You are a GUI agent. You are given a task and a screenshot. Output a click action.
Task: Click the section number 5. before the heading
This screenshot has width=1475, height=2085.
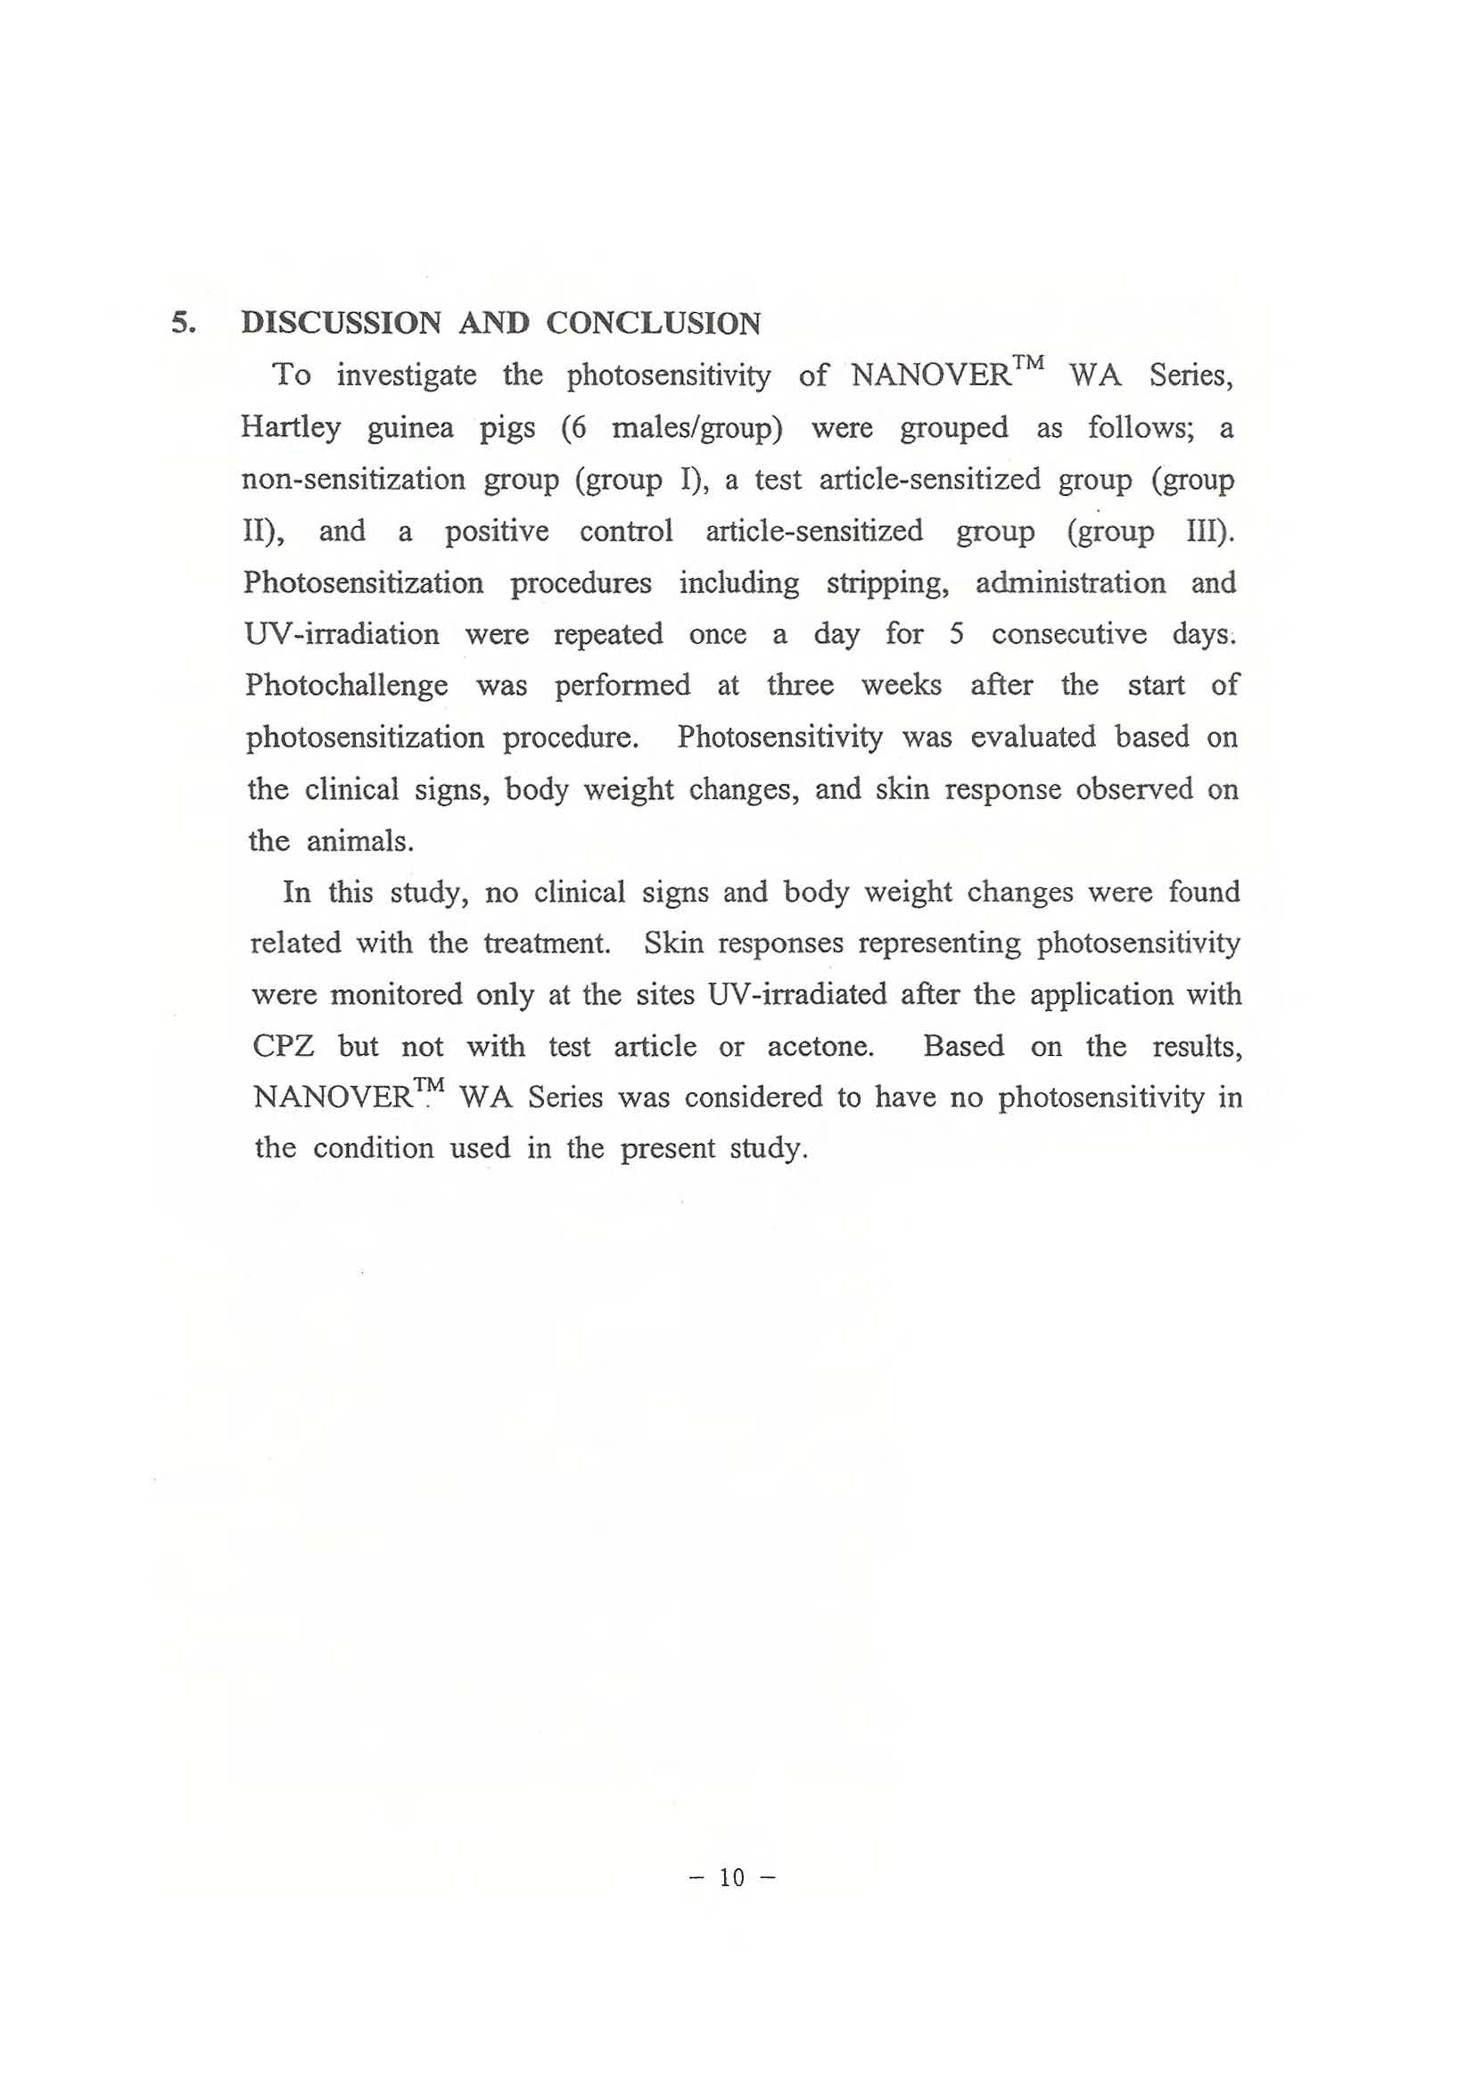tap(184, 324)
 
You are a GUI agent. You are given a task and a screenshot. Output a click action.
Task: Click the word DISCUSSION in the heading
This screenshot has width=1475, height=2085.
tap(342, 324)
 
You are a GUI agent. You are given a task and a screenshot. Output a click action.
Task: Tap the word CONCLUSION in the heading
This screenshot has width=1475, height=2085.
tap(653, 324)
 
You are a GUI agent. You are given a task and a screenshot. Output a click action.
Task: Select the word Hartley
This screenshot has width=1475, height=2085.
tap(291, 428)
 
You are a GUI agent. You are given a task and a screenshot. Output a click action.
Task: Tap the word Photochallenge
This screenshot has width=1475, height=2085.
tap(346, 685)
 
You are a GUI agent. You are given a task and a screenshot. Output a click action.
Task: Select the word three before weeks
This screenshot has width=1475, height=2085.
tap(800, 685)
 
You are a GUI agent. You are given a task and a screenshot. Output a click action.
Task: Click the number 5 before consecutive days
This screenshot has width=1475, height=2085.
tap(956, 634)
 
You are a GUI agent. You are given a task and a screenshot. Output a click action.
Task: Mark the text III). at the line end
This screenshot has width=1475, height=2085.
tap(1211, 531)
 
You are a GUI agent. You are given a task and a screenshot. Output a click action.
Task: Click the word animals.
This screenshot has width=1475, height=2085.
tap(359, 842)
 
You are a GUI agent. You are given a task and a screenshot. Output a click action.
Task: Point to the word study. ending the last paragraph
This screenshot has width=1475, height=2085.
tap(769, 1149)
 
